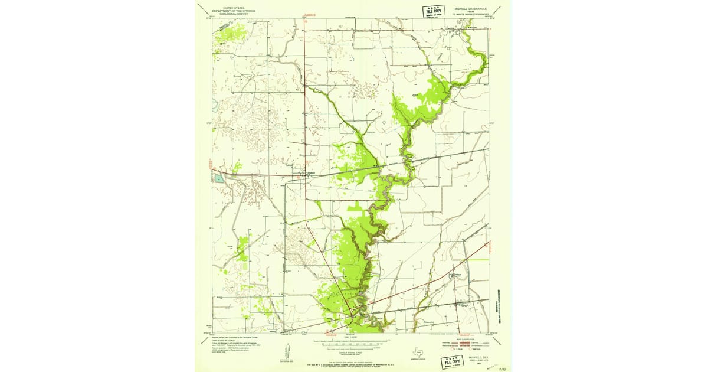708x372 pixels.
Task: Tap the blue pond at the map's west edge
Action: (219, 178)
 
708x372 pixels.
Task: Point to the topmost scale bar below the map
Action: (353, 338)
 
